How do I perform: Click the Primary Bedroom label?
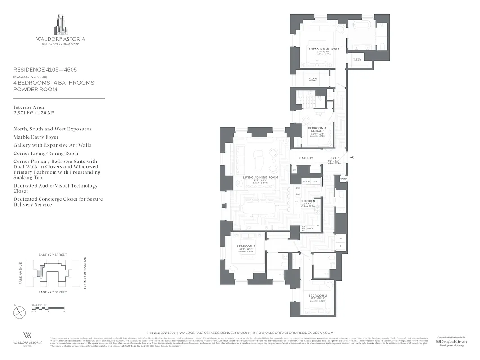coord(323,49)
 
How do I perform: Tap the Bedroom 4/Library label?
coord(319,130)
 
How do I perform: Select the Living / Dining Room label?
coord(260,177)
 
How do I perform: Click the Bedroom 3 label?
coord(246,246)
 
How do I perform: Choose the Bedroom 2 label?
coord(318,295)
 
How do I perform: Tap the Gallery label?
coord(306,158)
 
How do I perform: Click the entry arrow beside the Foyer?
coord(352,157)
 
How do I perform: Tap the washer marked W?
coord(341,238)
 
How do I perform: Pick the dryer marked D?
coord(341,246)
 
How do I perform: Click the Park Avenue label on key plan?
coord(21,273)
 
